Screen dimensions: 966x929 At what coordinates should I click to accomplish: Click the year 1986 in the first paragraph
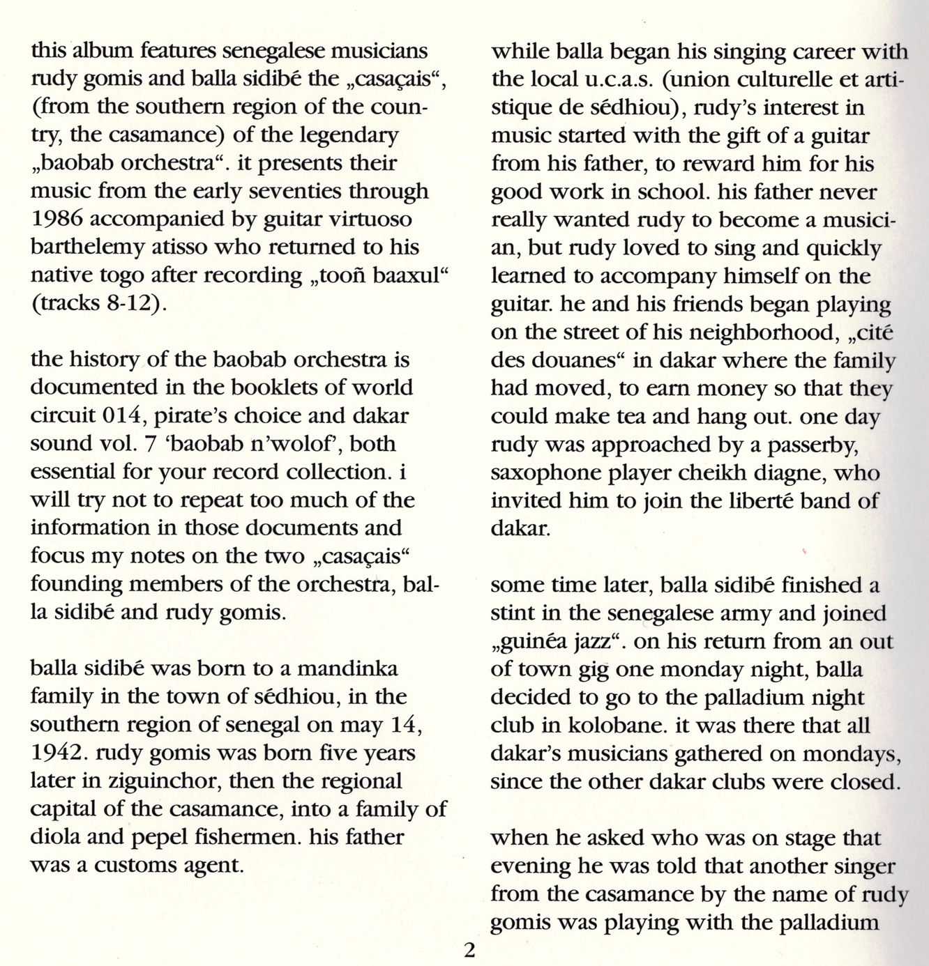tap(57, 219)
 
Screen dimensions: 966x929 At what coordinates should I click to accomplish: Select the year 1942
tap(57, 753)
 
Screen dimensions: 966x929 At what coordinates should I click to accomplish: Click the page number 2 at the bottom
tap(469, 950)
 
